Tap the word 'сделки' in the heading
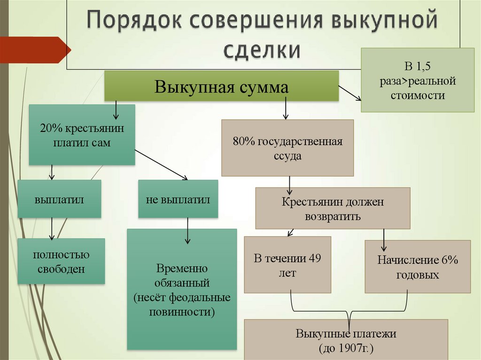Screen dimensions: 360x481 pyautogui.click(x=262, y=50)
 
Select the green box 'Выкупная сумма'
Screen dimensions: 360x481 pyautogui.click(x=221, y=86)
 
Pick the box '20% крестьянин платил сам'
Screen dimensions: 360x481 pyautogui.click(x=82, y=135)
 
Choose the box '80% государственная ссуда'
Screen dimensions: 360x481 pyautogui.click(x=287, y=148)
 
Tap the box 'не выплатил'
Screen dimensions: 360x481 pyautogui.click(x=178, y=199)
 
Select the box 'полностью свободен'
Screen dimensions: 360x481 pyautogui.click(x=61, y=261)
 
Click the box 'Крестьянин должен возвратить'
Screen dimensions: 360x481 pyautogui.click(x=333, y=209)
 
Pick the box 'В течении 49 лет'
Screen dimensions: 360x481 pyautogui.click(x=287, y=265)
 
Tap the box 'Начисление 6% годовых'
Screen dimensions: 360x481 pyautogui.click(x=418, y=267)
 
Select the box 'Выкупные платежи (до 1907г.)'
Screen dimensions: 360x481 pyautogui.click(x=346, y=340)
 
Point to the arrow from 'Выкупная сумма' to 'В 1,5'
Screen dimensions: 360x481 pyautogui.click(x=349, y=92)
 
